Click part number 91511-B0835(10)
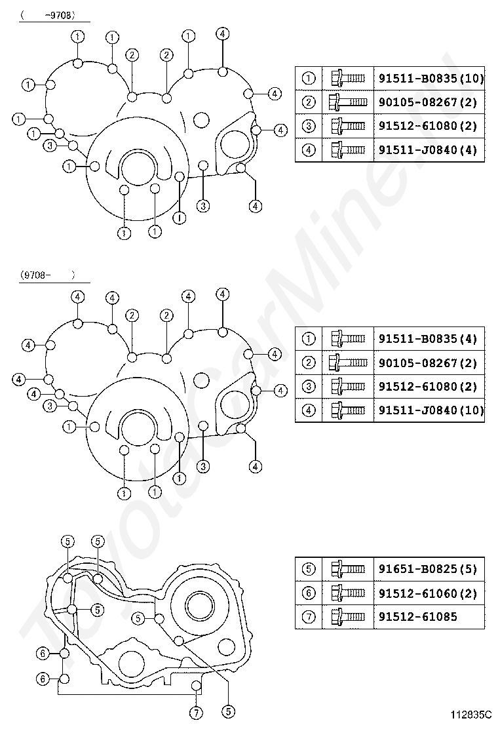coord(431,79)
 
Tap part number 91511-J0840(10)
coord(431,411)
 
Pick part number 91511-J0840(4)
coord(428,150)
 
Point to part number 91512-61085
coord(417,617)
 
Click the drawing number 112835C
coord(470,714)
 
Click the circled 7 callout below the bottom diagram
coord(195,712)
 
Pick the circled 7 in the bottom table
coord(309,617)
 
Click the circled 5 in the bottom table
coord(309,569)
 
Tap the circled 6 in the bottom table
coord(309,593)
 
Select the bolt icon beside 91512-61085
coord(347,617)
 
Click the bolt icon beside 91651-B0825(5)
coord(347,569)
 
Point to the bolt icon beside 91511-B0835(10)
coord(347,79)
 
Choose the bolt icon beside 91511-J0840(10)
coord(347,411)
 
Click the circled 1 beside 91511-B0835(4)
coord(309,340)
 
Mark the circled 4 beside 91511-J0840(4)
coord(309,150)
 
